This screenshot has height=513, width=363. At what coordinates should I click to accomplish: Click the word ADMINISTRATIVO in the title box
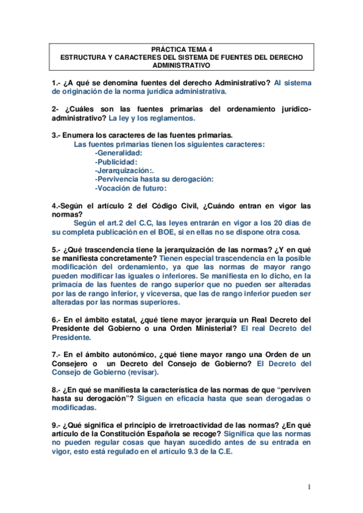click(x=182, y=65)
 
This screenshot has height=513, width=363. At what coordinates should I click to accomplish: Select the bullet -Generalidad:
click(x=119, y=154)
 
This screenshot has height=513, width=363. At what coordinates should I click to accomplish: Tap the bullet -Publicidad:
click(x=116, y=162)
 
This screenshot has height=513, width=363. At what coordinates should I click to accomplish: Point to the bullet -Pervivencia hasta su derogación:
click(x=155, y=179)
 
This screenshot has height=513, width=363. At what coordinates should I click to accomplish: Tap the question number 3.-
click(x=56, y=136)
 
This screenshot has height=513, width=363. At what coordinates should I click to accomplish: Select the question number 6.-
click(x=56, y=319)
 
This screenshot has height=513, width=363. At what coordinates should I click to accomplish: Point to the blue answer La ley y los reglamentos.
click(x=159, y=119)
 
